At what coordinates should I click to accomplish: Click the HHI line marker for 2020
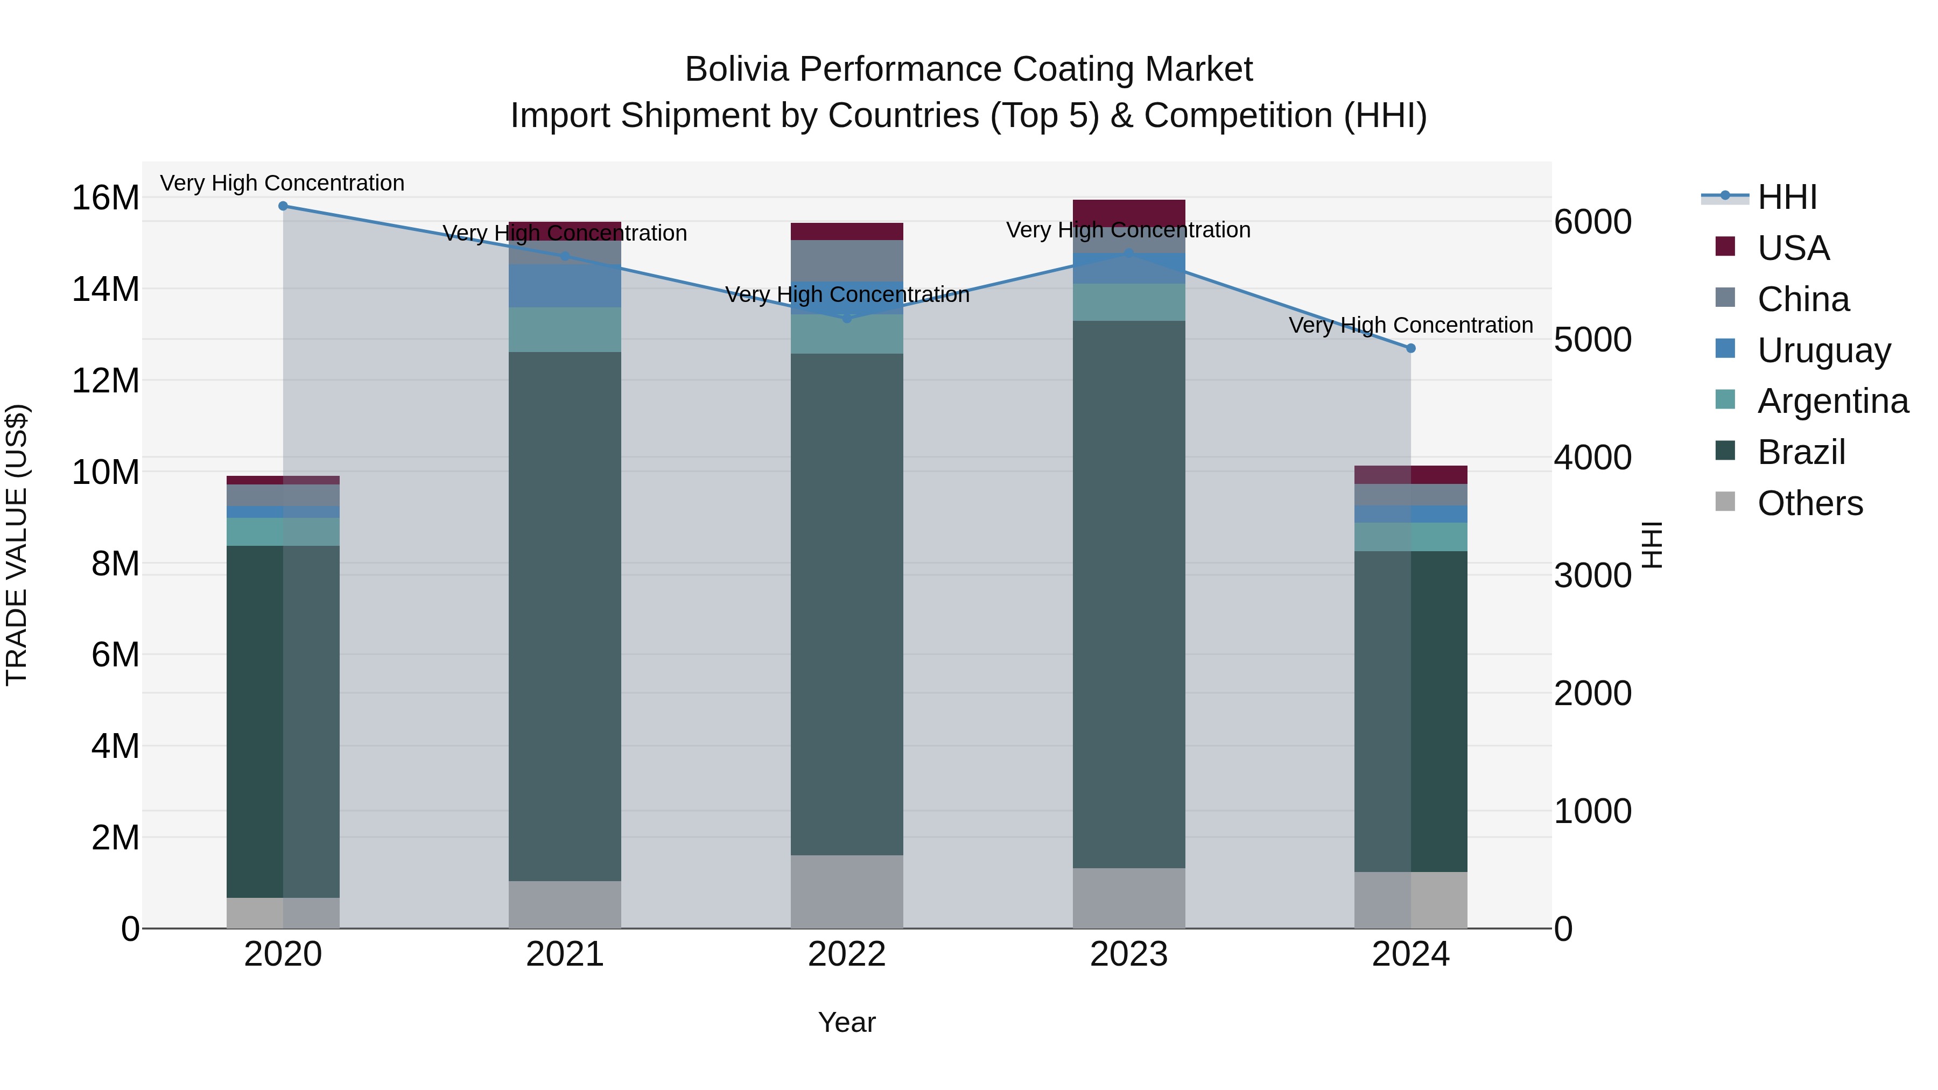click(283, 206)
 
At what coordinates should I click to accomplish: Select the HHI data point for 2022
click(847, 318)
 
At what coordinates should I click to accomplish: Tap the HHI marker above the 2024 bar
click(1410, 348)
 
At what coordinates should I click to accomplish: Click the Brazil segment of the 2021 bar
click(565, 617)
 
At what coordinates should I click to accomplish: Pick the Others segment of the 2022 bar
click(847, 891)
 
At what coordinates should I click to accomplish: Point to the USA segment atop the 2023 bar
click(1128, 212)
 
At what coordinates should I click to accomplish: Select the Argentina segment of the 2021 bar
click(565, 329)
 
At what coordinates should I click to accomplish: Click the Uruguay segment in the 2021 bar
click(565, 286)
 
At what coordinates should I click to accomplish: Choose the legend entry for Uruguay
click(1824, 350)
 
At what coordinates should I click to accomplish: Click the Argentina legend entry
click(1832, 401)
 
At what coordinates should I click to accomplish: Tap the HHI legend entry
click(1787, 197)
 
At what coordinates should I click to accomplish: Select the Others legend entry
click(1810, 503)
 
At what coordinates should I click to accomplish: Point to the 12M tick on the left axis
click(106, 381)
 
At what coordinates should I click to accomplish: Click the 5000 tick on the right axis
click(1593, 340)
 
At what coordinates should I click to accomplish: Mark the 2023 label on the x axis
click(1128, 954)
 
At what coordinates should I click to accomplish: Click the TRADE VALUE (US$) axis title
click(17, 545)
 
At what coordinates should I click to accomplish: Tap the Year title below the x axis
click(847, 1022)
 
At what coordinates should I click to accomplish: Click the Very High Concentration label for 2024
click(1410, 325)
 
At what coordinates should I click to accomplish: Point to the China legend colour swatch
click(1725, 297)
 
